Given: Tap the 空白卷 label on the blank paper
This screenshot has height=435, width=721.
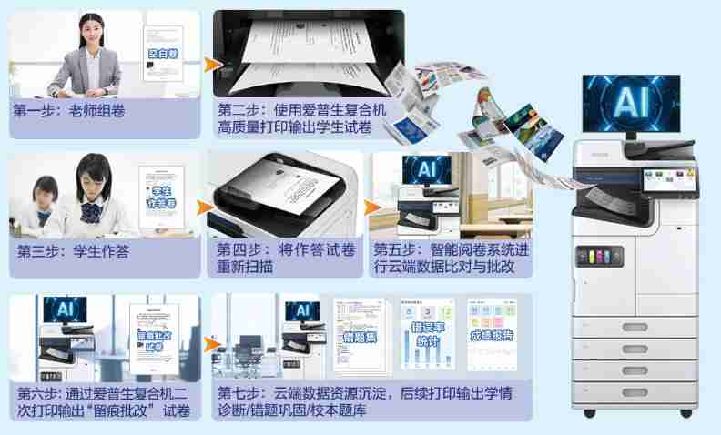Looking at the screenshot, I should click(164, 54).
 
